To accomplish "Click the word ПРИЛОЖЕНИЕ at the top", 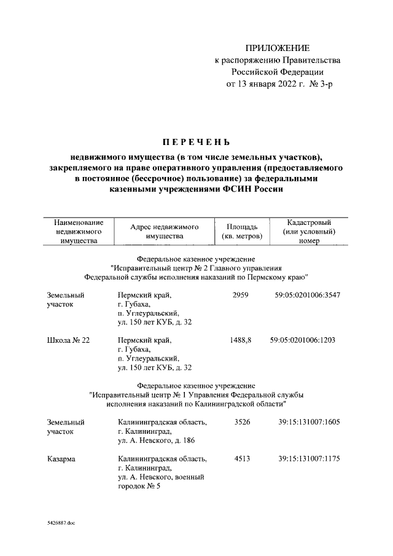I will [277, 48].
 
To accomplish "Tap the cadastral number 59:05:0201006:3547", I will [308, 295].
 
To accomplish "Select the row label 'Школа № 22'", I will [68, 340].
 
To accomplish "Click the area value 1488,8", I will [240, 340].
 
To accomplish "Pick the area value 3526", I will [242, 422].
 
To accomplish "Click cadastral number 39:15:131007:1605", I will [309, 422].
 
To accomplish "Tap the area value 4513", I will [242, 459].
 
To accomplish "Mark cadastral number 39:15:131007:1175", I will [309, 459].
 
